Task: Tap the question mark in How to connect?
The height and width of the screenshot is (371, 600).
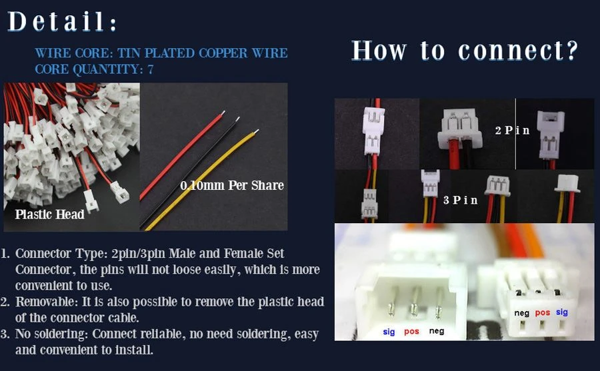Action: pyautogui.click(x=572, y=50)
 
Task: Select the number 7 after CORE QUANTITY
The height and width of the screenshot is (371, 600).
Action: pyautogui.click(x=151, y=69)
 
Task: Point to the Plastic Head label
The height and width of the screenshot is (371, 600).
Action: pyautogui.click(x=50, y=214)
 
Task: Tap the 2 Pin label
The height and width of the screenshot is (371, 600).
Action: pyautogui.click(x=513, y=131)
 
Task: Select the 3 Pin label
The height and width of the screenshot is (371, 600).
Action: pyautogui.click(x=460, y=200)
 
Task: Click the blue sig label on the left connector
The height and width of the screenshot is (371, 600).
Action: pyautogui.click(x=389, y=332)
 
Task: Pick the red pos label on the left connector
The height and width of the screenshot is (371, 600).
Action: pyautogui.click(x=412, y=332)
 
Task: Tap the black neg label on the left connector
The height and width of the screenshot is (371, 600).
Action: pyautogui.click(x=437, y=331)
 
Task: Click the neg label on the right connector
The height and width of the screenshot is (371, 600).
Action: pyautogui.click(x=521, y=313)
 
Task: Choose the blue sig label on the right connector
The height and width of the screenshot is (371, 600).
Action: pyautogui.click(x=562, y=312)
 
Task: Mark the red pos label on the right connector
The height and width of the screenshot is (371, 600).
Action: pyautogui.click(x=543, y=313)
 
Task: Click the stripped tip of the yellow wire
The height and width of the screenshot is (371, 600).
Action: pyautogui.click(x=256, y=132)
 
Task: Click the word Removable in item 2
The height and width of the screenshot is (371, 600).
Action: pyautogui.click(x=46, y=302)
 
